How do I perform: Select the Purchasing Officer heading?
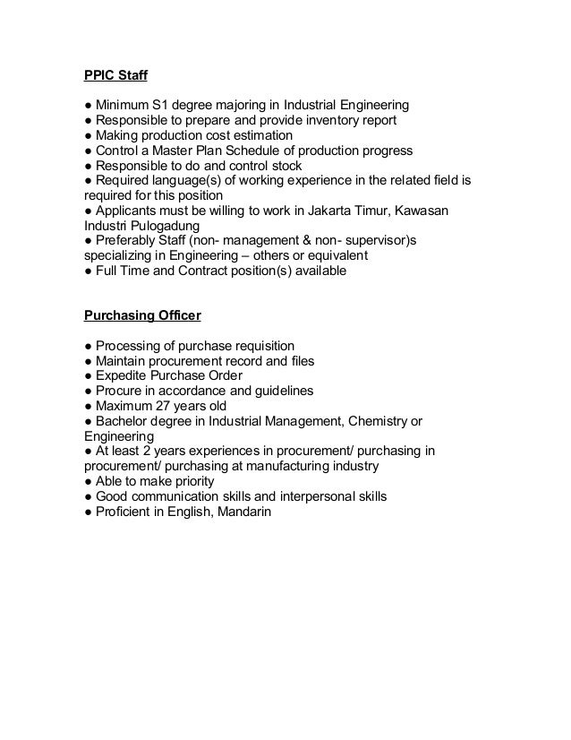[x=142, y=314]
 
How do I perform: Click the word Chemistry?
[x=374, y=421]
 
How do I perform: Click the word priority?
[x=191, y=482]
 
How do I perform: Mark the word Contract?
[x=213, y=271]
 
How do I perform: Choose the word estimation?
[x=266, y=134]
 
